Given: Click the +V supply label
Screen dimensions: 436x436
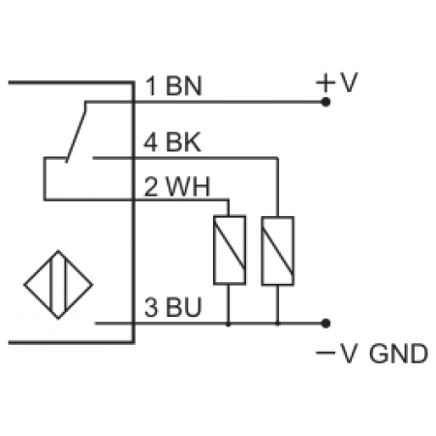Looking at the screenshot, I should pos(336,83).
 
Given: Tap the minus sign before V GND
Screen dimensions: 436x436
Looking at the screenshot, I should pos(326,355).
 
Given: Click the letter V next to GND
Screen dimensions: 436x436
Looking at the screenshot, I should pos(351,355).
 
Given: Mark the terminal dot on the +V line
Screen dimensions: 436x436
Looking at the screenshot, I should pos(327,100).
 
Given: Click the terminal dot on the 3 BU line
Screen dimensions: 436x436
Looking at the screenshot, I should pos(327,322).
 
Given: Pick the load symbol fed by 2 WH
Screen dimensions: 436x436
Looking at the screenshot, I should pos(228,250).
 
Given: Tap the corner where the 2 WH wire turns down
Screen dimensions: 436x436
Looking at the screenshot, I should pos(228,199).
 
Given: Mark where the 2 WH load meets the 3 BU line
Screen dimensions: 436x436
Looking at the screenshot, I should pos(228,322).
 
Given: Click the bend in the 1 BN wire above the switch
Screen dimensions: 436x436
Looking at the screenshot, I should pos(88,100).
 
